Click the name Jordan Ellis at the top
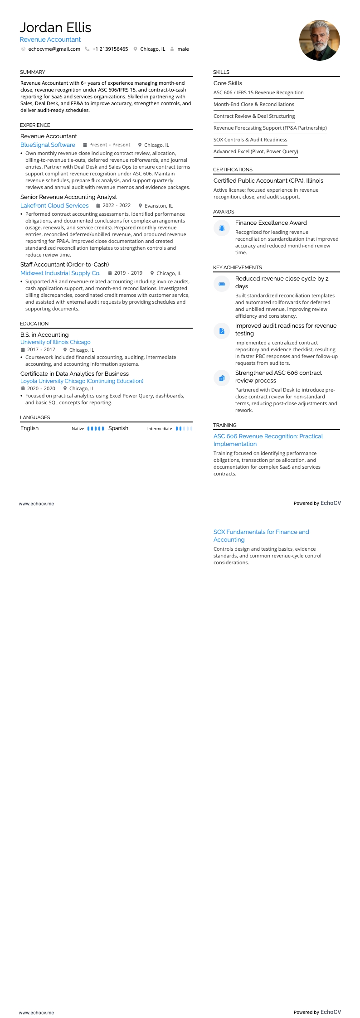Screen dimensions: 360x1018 [x=55, y=28]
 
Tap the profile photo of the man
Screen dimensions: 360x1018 [x=319, y=40]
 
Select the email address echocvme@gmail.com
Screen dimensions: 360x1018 [x=54, y=49]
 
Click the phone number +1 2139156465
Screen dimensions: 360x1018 [x=110, y=49]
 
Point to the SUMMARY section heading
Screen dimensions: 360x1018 [x=33, y=72]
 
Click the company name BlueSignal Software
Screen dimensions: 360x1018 [x=48, y=145]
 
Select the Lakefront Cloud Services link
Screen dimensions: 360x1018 [x=54, y=206]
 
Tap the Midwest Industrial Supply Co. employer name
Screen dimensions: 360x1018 [x=60, y=273]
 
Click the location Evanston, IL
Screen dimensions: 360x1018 [x=158, y=206]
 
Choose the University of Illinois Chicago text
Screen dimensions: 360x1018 [x=55, y=342]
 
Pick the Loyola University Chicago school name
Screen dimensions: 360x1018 [x=82, y=381]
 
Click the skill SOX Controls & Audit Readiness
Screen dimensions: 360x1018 [x=250, y=140]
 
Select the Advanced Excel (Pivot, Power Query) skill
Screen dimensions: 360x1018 [x=256, y=151]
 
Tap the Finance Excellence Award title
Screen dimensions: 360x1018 [x=271, y=223]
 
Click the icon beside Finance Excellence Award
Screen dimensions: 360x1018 [x=222, y=228]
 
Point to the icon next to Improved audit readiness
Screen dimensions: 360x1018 [x=222, y=331]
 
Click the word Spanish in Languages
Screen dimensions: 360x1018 [x=118, y=428]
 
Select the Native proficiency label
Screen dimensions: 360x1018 [x=78, y=429]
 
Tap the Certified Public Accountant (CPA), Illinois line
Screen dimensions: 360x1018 [x=268, y=181]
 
